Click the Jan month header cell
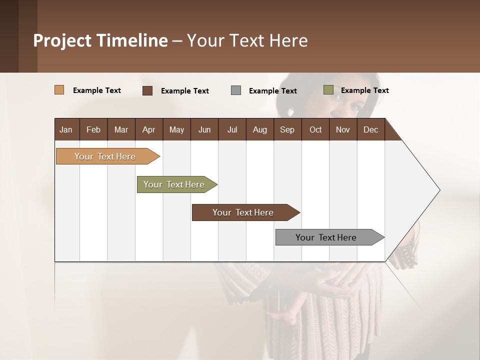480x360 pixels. tap(66, 129)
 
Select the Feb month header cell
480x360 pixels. tap(93, 129)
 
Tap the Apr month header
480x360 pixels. tap(149, 129)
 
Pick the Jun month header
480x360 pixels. tap(204, 129)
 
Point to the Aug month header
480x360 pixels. tap(260, 129)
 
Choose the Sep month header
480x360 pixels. tap(287, 129)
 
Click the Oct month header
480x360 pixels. tap(315, 129)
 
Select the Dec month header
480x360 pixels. tap(371, 129)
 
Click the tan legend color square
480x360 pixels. tap(59, 90)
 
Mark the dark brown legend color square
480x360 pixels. tap(147, 90)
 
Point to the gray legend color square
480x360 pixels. tap(236, 90)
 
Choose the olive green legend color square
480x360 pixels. tap(328, 90)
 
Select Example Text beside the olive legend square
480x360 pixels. tap(364, 90)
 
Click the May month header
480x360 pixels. tap(176, 129)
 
